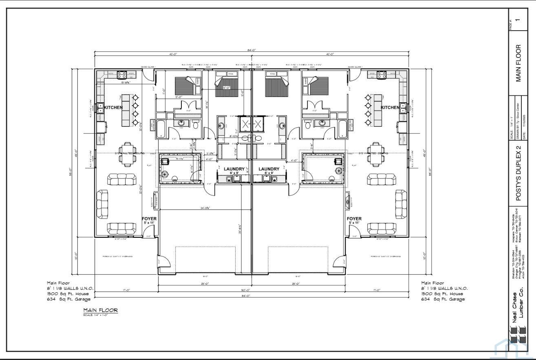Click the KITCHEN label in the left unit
pos(113,108)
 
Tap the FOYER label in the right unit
pos(354,219)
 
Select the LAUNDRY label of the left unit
pos(234,169)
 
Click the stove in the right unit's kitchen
pos(381,75)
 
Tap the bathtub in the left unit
pos(160,128)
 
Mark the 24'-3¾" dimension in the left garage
pos(204,208)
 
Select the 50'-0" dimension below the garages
pos(251,290)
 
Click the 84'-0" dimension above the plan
pos(251,50)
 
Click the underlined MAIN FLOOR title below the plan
pos(101,310)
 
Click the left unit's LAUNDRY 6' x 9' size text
pos(234,173)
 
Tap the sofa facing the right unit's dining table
pos(382,179)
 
